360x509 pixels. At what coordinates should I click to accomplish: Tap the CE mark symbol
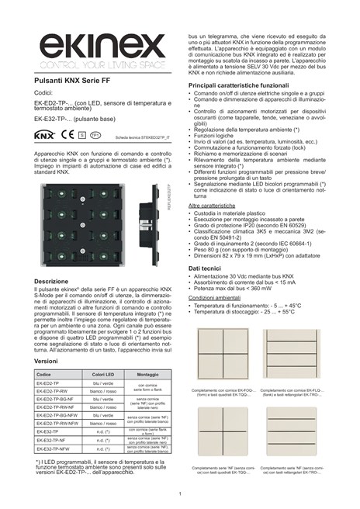64,135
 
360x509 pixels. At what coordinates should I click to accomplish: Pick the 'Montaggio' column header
148,376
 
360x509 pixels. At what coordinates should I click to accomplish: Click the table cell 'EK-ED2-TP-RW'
54,392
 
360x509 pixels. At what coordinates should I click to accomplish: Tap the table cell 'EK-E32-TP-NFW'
55,448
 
